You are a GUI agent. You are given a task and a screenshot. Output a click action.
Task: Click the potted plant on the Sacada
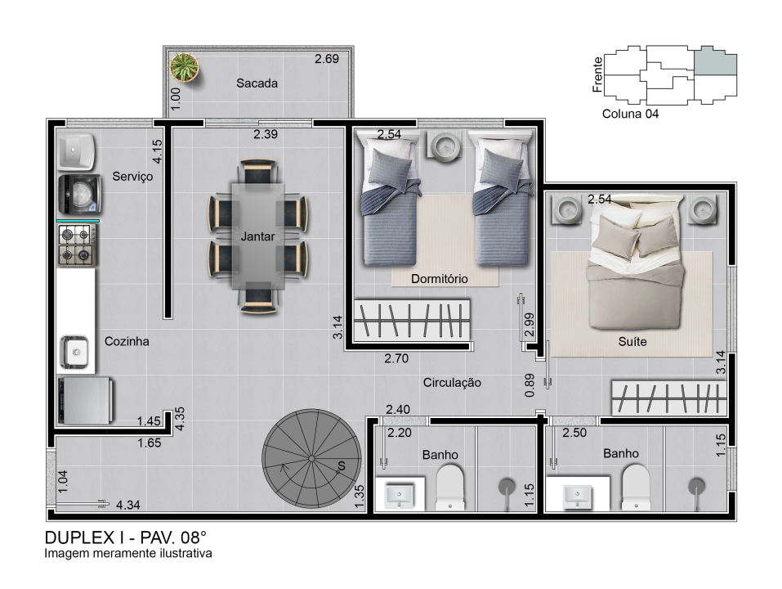click(184, 67)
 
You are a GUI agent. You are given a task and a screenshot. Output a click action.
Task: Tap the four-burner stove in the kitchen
click(78, 245)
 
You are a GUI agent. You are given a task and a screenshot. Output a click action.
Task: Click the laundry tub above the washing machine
click(76, 151)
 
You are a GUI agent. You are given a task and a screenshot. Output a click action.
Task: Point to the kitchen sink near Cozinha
click(75, 353)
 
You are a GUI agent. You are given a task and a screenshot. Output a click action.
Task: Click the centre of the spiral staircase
click(311, 459)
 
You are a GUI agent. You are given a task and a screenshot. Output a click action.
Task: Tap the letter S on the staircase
click(341, 465)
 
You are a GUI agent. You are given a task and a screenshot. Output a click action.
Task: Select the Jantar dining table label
click(257, 236)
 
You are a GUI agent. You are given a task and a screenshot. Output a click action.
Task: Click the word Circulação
click(452, 383)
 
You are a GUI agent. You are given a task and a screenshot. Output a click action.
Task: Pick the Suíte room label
click(632, 341)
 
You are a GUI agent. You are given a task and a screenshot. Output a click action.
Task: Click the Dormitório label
click(440, 278)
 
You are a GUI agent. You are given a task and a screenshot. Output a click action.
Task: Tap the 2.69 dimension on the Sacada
click(327, 59)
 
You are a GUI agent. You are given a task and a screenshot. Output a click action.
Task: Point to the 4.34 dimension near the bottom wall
click(128, 505)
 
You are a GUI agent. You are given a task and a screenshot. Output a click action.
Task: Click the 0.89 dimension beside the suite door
click(530, 385)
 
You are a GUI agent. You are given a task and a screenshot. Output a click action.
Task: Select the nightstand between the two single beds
click(445, 146)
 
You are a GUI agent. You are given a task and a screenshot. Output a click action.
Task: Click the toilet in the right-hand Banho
click(636, 488)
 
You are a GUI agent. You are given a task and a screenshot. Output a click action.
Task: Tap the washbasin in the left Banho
click(400, 495)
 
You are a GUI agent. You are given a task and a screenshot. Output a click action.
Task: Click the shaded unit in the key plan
click(716, 61)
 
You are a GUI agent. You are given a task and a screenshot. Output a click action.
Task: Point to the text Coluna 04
click(630, 114)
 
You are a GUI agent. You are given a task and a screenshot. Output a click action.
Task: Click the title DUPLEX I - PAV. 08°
click(125, 537)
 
